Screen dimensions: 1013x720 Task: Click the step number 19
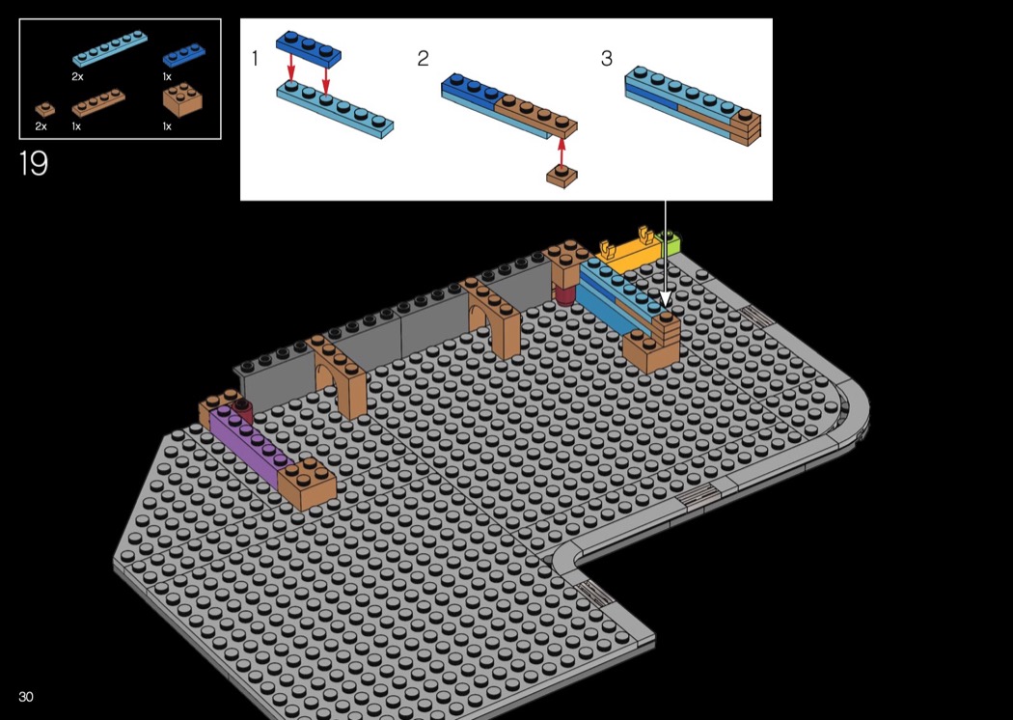click(33, 163)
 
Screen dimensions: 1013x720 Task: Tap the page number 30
click(26, 697)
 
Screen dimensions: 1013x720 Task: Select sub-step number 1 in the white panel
click(256, 59)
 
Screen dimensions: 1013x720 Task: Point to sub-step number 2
click(423, 59)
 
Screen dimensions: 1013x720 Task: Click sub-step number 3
click(606, 59)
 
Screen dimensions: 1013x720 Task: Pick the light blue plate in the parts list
click(109, 49)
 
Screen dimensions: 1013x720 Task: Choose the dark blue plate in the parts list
click(183, 55)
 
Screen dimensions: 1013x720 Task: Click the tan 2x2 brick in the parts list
click(182, 98)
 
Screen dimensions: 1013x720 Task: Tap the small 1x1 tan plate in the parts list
click(44, 109)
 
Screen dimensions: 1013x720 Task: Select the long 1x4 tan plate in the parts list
click(98, 102)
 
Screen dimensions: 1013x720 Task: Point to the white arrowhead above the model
click(666, 297)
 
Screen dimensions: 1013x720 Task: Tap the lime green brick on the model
click(671, 243)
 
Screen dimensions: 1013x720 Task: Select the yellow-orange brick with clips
click(627, 253)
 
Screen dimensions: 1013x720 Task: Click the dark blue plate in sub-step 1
click(308, 49)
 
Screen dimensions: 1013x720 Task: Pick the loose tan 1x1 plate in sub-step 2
click(561, 177)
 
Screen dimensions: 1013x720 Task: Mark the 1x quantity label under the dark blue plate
click(167, 77)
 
